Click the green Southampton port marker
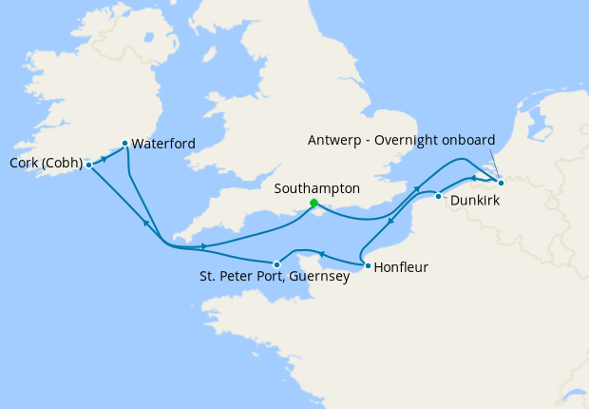pyautogui.click(x=313, y=203)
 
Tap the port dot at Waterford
pyautogui.click(x=124, y=144)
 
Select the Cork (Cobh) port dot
pyautogui.click(x=88, y=164)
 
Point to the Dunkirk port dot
pyautogui.click(x=438, y=196)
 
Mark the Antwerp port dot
pyautogui.click(x=501, y=182)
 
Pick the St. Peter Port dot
pyautogui.click(x=275, y=264)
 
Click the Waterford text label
pyautogui.click(x=164, y=144)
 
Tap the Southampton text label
pyautogui.click(x=316, y=188)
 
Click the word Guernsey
pyautogui.click(x=320, y=279)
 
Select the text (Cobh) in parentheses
pyautogui.click(x=62, y=163)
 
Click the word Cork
pyautogui.click(x=25, y=163)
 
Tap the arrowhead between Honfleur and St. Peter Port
pyautogui.click(x=321, y=253)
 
